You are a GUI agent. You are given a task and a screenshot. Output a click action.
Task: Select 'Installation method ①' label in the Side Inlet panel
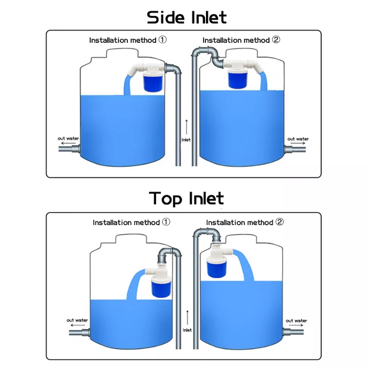click(x=128, y=40)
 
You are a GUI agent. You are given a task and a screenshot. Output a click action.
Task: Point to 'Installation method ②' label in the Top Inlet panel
click(x=245, y=222)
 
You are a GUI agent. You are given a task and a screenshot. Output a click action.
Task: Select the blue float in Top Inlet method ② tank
click(x=215, y=267)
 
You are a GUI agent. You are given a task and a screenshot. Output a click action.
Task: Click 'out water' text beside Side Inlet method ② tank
click(x=298, y=139)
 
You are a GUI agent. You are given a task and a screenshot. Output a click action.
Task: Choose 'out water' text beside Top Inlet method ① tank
click(x=77, y=320)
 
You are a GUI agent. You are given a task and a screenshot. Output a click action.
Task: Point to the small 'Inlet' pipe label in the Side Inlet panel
click(x=186, y=140)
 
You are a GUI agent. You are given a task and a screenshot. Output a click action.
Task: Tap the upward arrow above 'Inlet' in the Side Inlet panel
click(x=186, y=126)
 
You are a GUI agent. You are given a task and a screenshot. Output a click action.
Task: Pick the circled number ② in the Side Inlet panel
click(x=276, y=40)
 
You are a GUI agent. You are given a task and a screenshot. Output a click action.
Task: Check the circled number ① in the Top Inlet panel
click(x=166, y=222)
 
